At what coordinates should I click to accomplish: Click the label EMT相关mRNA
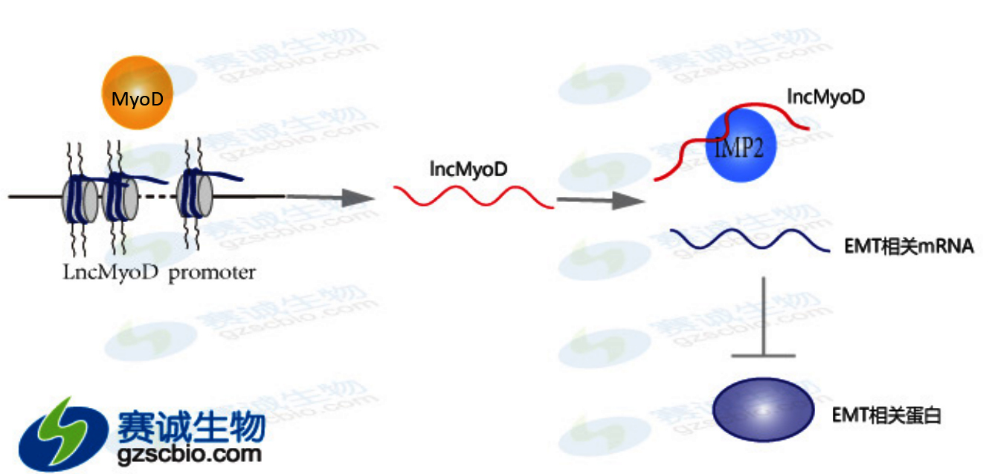[x=909, y=247]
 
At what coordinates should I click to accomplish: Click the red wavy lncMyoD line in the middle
[x=474, y=197]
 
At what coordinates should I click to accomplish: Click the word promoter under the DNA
[x=212, y=273]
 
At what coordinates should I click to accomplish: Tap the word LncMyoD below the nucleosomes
[x=111, y=273]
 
